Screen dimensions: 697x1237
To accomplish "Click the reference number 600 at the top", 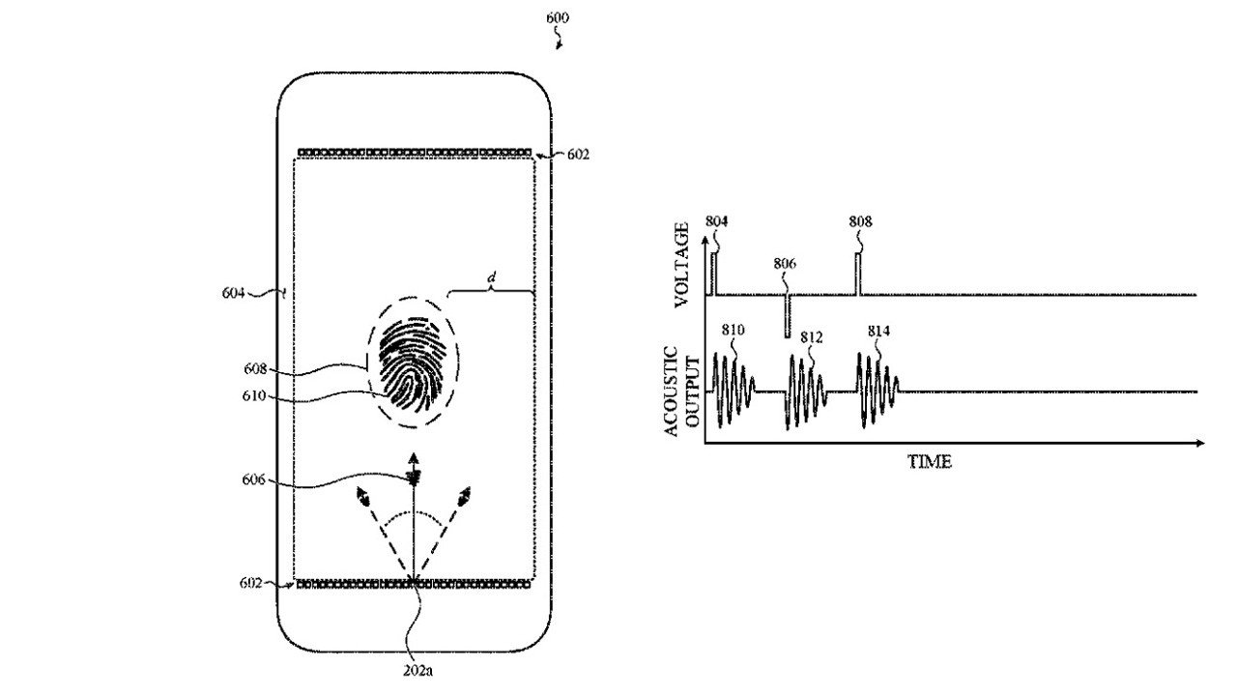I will pos(558,18).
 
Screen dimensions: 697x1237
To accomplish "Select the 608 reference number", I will pos(256,368).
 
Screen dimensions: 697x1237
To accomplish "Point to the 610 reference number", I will pos(256,395).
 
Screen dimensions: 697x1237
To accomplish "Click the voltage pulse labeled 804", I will pos(713,274).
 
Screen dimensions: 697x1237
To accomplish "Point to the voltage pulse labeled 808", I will pos(857,274).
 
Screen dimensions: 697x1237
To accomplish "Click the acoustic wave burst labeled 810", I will pos(731,391).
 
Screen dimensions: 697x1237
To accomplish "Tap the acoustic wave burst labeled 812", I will pos(806,392).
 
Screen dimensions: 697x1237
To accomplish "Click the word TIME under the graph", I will pos(929,462).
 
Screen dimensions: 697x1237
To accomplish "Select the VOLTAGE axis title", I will pos(682,263).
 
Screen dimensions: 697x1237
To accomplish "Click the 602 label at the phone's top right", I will pos(577,155).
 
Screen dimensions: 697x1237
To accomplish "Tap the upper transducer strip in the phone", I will pos(415,153).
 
